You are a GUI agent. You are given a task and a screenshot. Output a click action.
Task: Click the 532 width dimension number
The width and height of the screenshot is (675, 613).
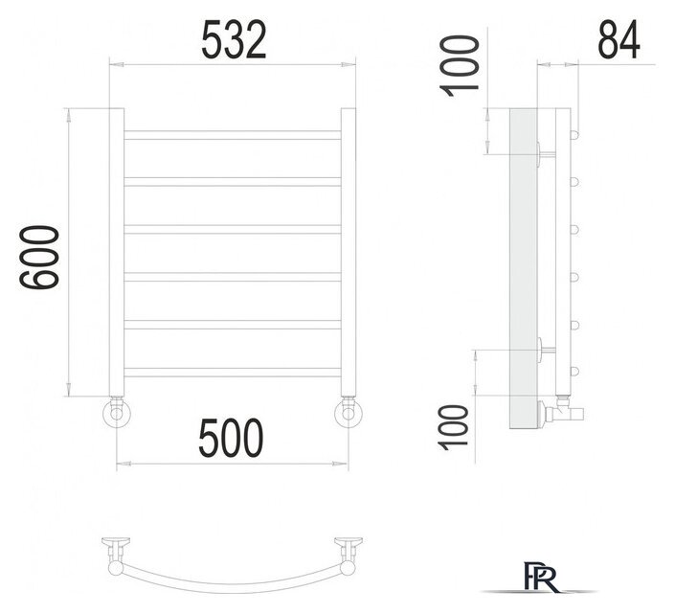(x=234, y=39)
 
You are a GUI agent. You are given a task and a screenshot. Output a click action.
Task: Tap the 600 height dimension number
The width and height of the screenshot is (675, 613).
(x=39, y=258)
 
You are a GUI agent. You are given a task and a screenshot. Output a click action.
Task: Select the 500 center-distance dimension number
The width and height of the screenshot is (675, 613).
(x=231, y=438)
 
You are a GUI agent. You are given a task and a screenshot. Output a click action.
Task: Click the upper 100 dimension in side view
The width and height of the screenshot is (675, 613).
(x=459, y=66)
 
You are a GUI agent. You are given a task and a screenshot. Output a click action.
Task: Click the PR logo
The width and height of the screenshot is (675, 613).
(x=542, y=577)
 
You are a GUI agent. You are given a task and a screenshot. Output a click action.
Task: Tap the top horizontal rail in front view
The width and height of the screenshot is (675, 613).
(x=233, y=135)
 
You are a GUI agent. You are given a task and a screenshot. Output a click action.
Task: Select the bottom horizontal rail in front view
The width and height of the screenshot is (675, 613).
(x=233, y=373)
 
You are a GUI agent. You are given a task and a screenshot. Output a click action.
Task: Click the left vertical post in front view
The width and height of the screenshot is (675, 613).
(x=116, y=252)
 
